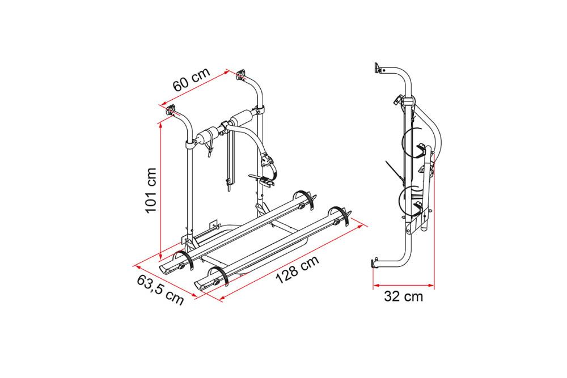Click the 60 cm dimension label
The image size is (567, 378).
tap(192, 79)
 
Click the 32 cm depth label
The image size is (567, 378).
tap(403, 297)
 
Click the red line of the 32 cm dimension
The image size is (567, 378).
tap(404, 285)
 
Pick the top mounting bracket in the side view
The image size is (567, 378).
tap(378, 68)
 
